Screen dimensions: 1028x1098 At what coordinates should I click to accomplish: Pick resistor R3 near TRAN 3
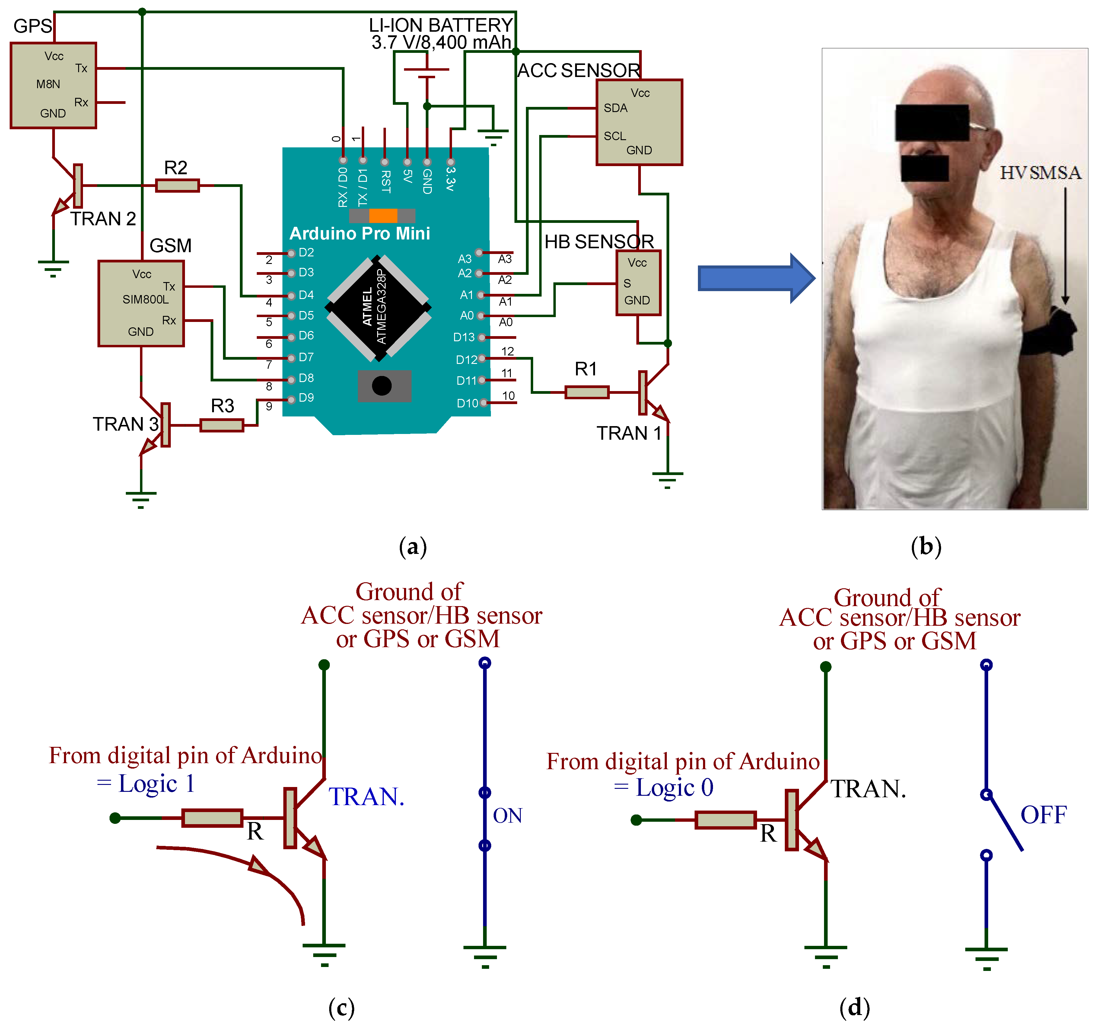[x=221, y=425]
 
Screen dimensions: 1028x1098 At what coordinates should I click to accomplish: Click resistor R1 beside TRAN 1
[x=587, y=392]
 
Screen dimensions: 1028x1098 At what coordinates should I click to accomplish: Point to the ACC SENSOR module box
[x=639, y=122]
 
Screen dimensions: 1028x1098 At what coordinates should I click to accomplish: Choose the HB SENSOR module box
[x=638, y=283]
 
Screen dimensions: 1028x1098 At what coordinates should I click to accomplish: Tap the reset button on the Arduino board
[x=382, y=385]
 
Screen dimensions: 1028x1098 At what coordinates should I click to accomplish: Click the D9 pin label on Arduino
[x=306, y=398]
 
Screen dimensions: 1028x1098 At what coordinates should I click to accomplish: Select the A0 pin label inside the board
[x=467, y=316]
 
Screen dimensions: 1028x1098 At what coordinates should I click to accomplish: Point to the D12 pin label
[x=466, y=360]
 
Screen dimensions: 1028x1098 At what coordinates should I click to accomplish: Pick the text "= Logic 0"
[x=663, y=788]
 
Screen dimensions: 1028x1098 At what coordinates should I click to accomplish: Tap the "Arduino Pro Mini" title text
[x=360, y=233]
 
